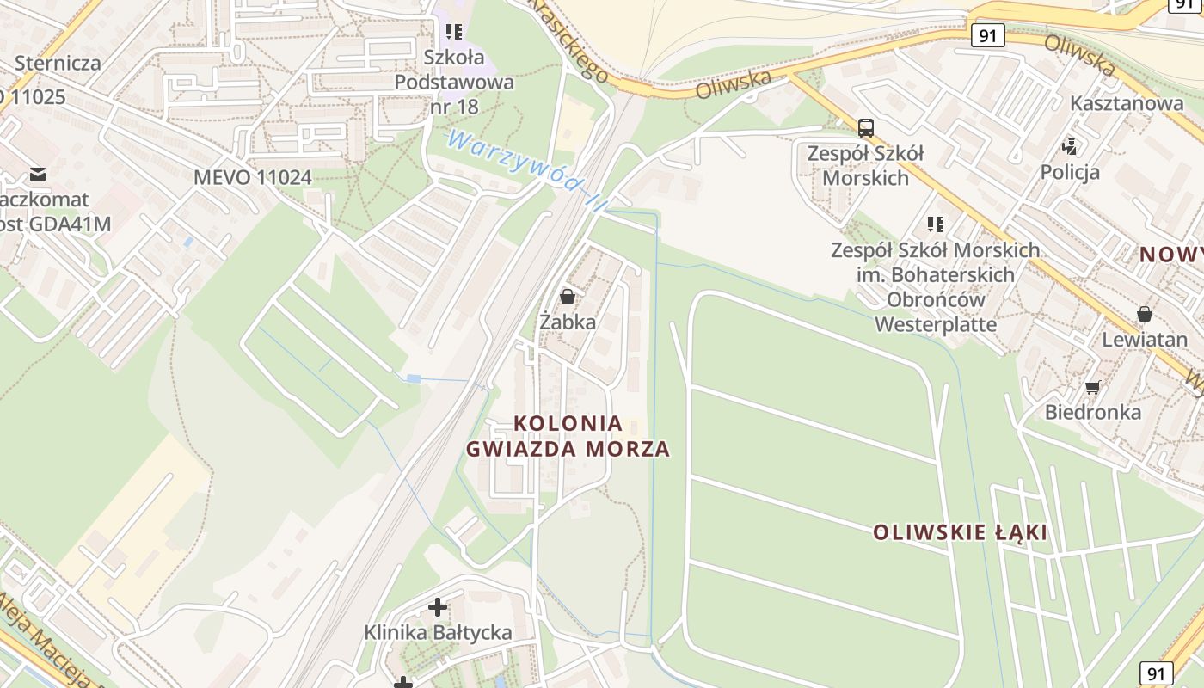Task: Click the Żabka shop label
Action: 567,322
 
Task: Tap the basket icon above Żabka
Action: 568,298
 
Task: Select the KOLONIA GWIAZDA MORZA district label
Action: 568,436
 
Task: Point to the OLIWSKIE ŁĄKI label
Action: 961,532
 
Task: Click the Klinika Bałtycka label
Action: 438,632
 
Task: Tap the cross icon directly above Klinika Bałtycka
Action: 438,607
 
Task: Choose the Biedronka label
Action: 1093,412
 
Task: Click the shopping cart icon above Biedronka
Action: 1092,388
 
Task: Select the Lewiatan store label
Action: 1145,339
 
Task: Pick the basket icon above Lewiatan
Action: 1144,314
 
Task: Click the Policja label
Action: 1070,172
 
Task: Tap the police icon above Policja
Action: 1070,146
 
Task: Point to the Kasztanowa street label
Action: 1127,103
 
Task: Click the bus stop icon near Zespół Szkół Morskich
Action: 866,128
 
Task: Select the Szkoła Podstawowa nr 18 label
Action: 454,83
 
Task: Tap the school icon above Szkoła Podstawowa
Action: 454,33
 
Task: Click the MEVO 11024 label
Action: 252,178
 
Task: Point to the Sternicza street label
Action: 58,63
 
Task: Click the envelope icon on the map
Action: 38,175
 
